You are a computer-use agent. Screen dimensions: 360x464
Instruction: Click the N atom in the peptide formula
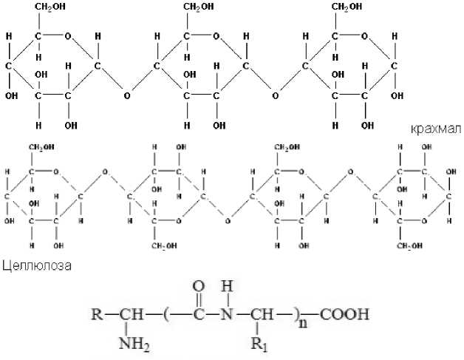pyautogui.click(x=229, y=313)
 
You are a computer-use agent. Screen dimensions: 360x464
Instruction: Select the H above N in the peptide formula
pyautogui.click(x=229, y=285)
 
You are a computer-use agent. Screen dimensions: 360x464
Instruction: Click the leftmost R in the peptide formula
pyautogui.click(x=97, y=313)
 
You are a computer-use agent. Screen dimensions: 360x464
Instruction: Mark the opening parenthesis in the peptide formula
pyautogui.click(x=169, y=313)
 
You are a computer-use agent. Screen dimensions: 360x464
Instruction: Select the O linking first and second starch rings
pyautogui.click(x=127, y=95)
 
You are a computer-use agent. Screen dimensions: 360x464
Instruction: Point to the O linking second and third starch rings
pyautogui.click(x=276, y=95)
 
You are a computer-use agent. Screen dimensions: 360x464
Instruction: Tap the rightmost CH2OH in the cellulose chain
pyautogui.click(x=406, y=246)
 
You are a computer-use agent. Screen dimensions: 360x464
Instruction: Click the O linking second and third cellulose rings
pyautogui.click(x=227, y=220)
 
